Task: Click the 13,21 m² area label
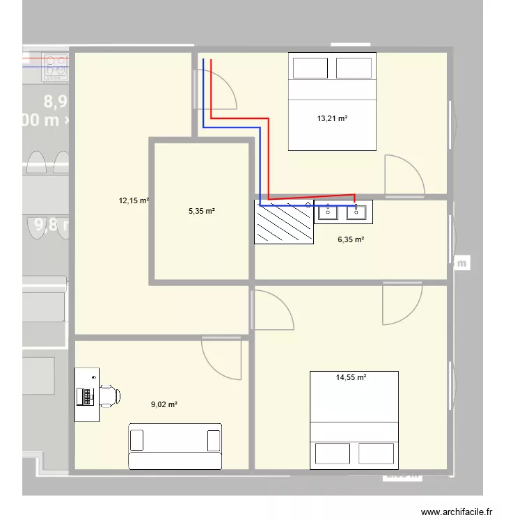[x=332, y=119]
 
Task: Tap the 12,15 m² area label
[x=134, y=201]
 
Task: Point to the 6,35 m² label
[x=351, y=239]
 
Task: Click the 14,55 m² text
[x=351, y=378]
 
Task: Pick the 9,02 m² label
[x=164, y=404]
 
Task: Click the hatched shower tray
[x=284, y=223]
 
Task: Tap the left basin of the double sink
[x=327, y=212]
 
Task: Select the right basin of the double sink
[x=360, y=212]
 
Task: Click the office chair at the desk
[x=110, y=395]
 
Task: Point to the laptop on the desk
[x=87, y=396]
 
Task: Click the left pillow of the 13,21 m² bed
[x=310, y=68]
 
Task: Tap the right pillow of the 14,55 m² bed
[x=377, y=453]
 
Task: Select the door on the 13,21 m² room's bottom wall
[x=404, y=175]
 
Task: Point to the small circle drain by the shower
[x=308, y=205]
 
